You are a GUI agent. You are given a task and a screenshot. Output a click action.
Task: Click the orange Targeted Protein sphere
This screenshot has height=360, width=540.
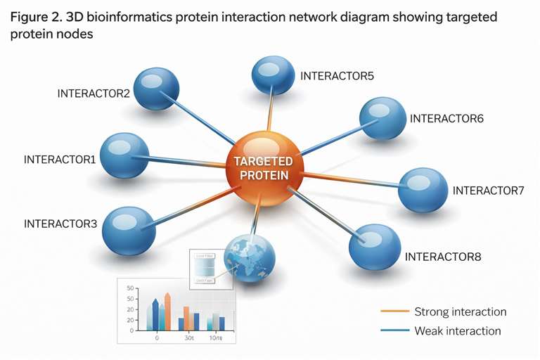pos(263,167)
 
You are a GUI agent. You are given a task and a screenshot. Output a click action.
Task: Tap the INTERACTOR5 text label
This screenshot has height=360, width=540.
pos(337,75)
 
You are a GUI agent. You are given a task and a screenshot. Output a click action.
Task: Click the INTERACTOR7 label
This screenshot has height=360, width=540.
pos(488,191)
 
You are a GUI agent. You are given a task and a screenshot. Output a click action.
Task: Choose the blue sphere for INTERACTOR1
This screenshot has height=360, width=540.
pos(124,156)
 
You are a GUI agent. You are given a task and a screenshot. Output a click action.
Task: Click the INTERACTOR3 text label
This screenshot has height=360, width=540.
pos(60,224)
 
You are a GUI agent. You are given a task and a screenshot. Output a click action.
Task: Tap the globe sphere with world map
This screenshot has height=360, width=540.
pos(247,257)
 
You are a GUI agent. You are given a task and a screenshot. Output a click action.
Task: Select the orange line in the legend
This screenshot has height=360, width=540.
pos(394,311)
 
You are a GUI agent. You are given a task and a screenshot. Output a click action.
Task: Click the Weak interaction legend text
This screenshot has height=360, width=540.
pos(458,330)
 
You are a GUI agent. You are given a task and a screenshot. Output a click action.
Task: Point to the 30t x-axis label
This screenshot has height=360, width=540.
pos(189,337)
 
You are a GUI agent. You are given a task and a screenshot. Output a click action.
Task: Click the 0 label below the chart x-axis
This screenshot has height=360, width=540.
pos(156,337)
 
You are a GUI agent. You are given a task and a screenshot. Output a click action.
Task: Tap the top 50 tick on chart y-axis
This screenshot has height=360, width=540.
pos(130,288)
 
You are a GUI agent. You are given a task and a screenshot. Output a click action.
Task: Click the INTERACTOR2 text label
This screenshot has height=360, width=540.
pos(94,93)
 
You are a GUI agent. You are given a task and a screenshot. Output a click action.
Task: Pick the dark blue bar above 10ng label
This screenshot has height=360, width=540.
pos(221,323)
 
